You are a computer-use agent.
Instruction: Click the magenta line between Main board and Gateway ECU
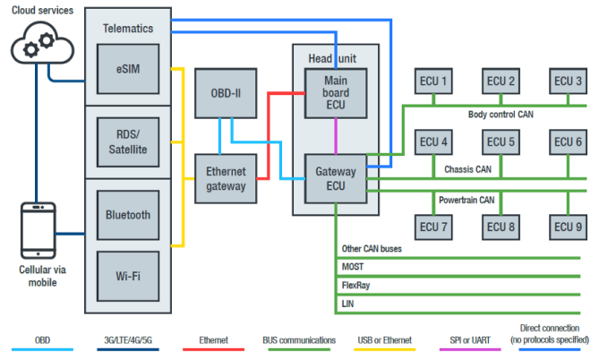pyautogui.click(x=336, y=134)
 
